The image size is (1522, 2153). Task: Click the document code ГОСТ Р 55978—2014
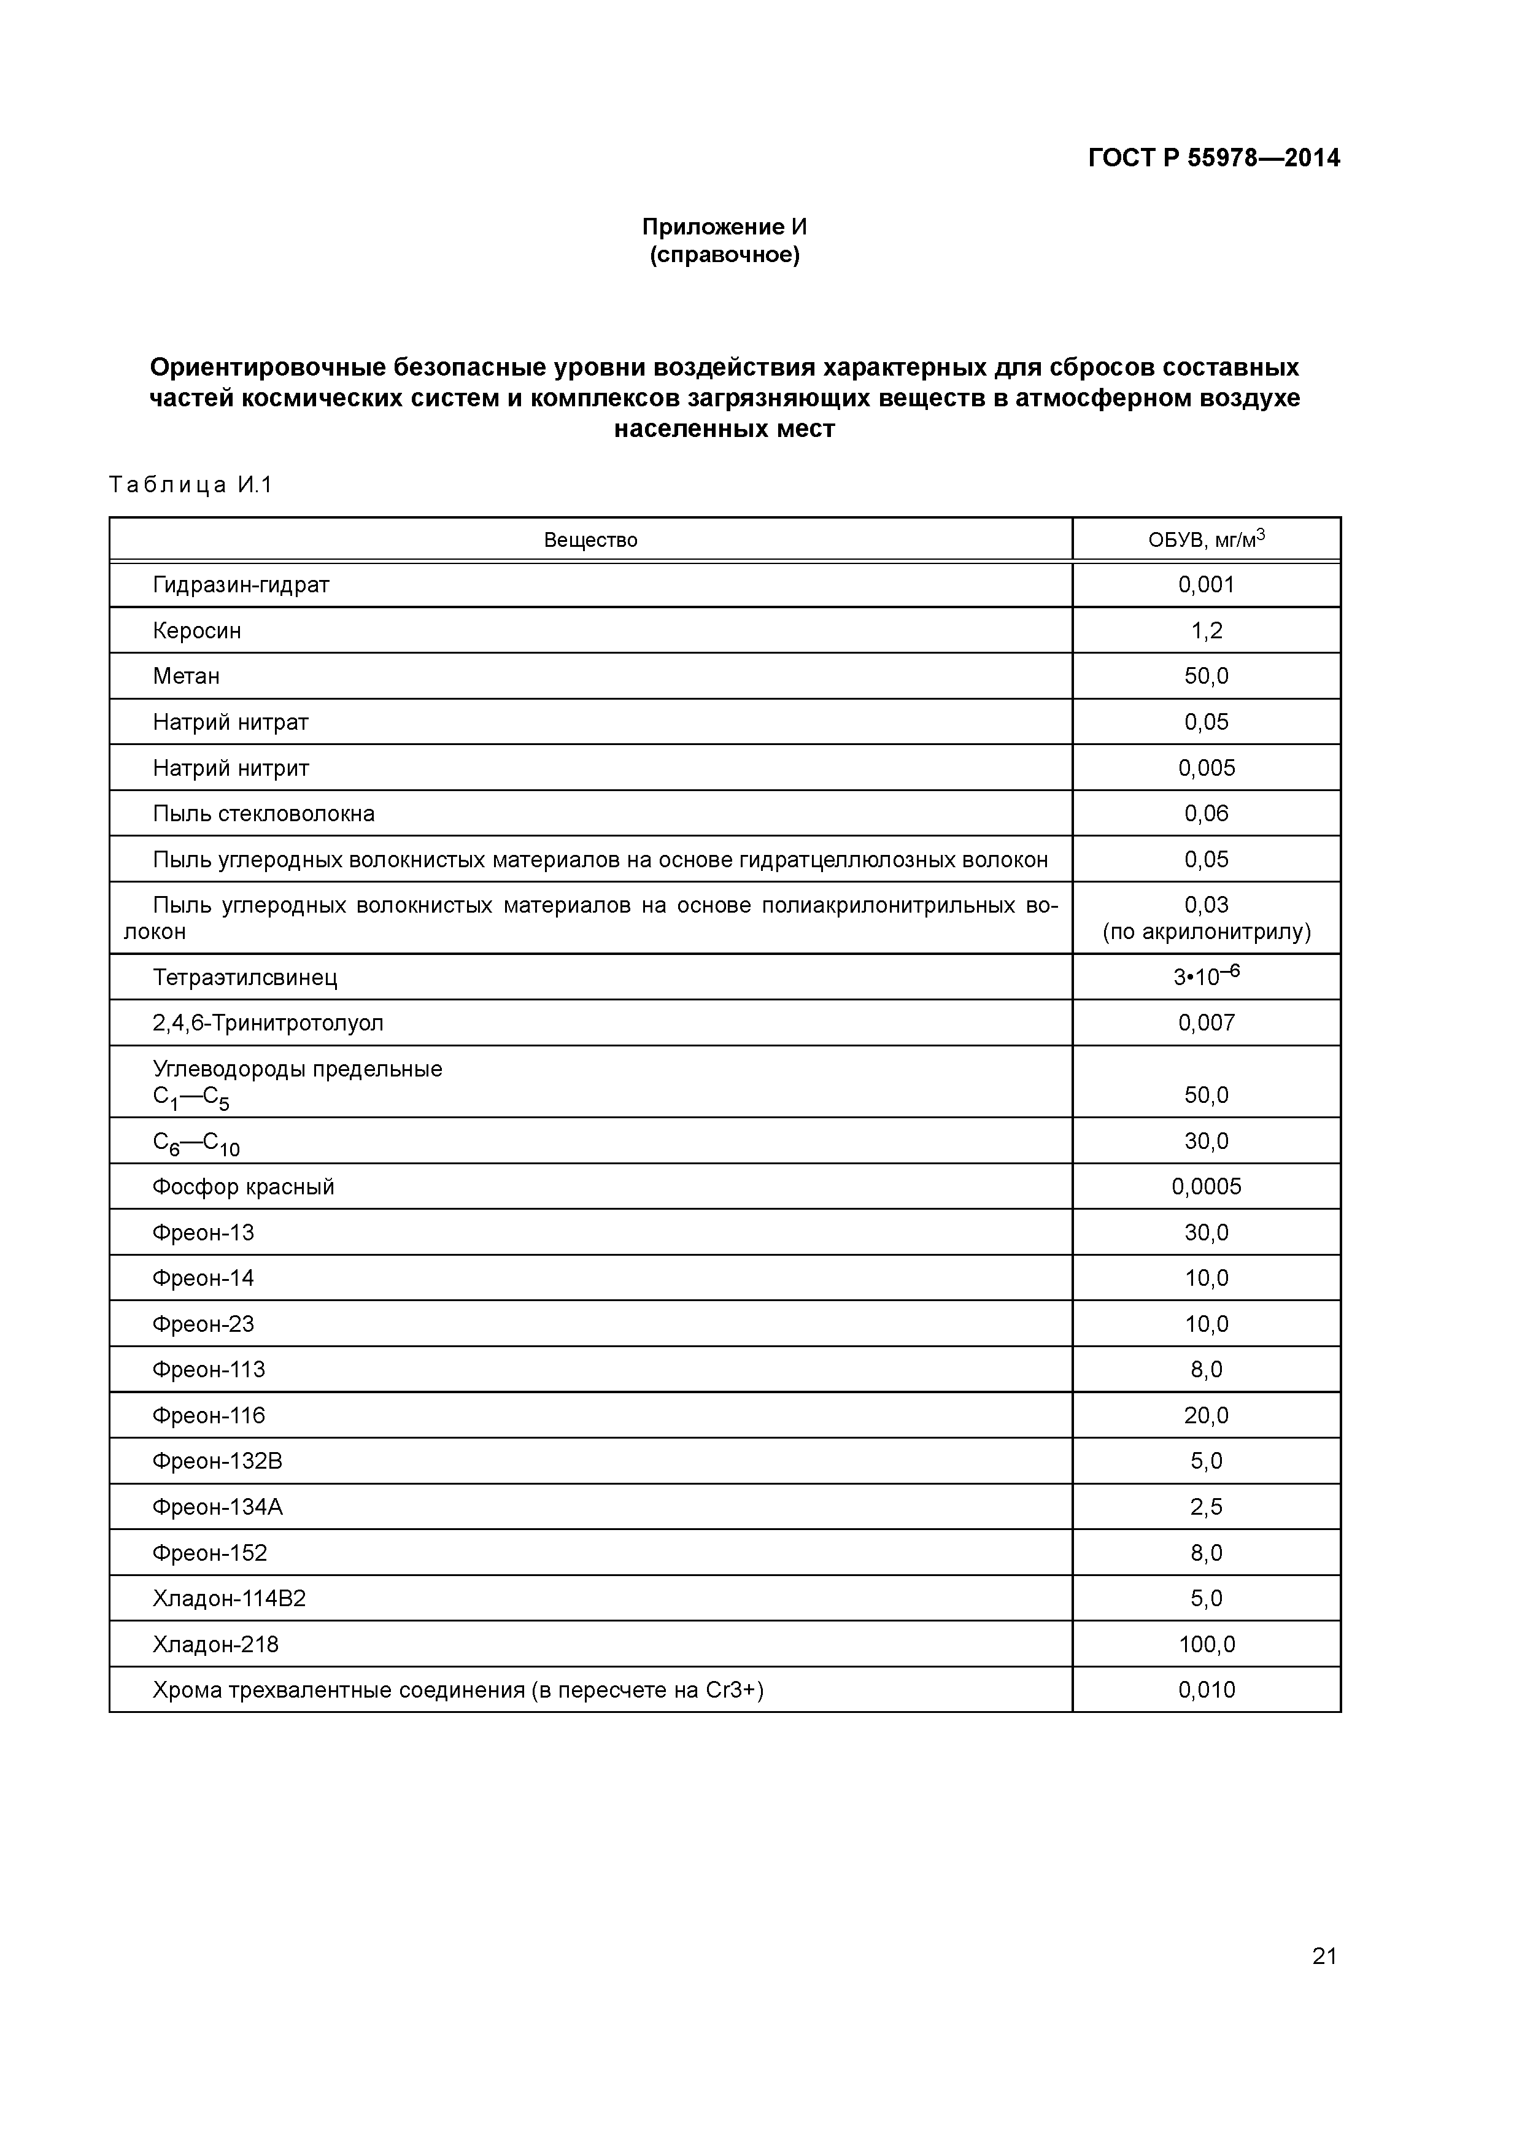click(1213, 158)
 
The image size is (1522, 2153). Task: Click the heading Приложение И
click(724, 227)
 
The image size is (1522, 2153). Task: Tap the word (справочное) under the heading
click(724, 255)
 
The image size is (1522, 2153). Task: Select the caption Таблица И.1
click(190, 485)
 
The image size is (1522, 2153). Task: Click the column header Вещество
click(591, 540)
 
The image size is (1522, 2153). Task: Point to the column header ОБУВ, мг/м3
click(1206, 539)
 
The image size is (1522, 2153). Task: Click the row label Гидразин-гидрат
click(241, 585)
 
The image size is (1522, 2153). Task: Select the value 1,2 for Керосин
click(1206, 631)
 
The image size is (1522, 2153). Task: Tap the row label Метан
click(186, 676)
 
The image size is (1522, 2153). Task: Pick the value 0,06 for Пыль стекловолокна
click(1206, 814)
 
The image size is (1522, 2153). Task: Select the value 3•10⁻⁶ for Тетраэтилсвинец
click(1206, 976)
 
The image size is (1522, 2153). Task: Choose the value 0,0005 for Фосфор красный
click(1206, 1187)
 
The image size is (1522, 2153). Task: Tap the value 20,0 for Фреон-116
click(1206, 1416)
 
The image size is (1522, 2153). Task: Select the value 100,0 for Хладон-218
click(1206, 1645)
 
